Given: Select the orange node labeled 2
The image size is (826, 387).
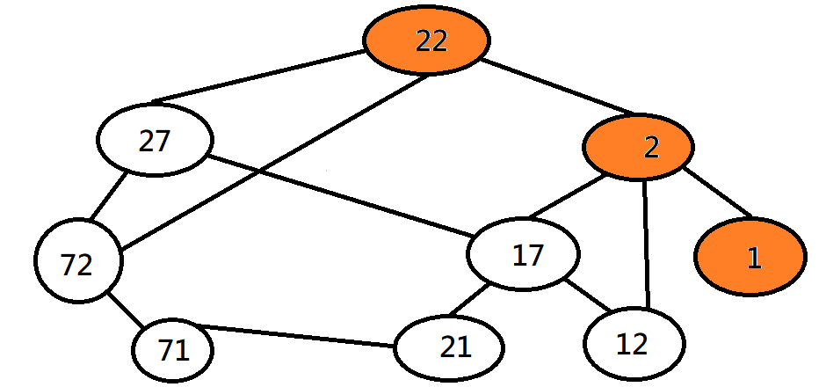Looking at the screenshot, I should [x=639, y=147].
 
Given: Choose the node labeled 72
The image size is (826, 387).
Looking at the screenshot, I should [x=78, y=264].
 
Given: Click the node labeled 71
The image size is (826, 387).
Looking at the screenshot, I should [x=173, y=351].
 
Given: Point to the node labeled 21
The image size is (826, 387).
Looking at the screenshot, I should [x=449, y=347].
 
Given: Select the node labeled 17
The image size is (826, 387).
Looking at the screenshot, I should [x=524, y=255].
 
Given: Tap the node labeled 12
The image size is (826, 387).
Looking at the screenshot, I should [x=633, y=344].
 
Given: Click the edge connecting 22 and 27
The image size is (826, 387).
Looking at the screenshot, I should [x=260, y=76].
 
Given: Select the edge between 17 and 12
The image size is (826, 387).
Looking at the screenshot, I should [x=588, y=296].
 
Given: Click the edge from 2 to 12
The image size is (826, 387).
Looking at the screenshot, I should [x=648, y=243].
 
